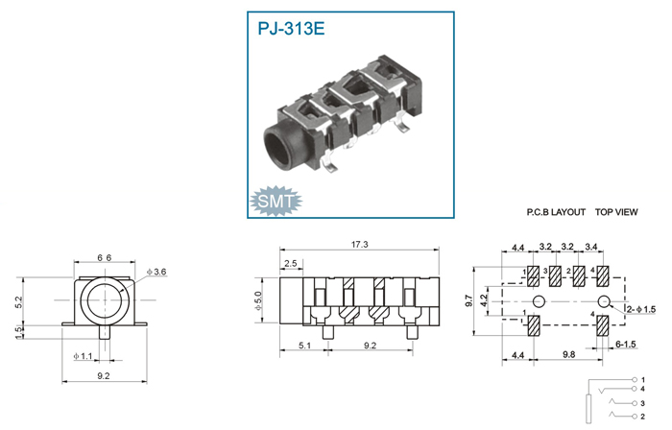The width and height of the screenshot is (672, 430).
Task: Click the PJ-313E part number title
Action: pos(291,28)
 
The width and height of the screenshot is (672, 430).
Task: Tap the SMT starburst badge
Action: pos(276,201)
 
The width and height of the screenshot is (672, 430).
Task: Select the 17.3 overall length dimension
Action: pos(360,245)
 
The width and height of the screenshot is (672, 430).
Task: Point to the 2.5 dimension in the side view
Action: pos(291,263)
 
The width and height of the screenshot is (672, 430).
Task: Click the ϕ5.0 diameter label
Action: pos(257,300)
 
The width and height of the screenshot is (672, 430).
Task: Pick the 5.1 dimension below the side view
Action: pos(304,346)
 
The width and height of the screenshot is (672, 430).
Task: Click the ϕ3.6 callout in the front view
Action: pos(156,272)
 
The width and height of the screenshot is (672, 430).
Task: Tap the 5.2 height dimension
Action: pos(18,302)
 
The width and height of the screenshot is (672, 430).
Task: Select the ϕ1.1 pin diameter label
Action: pos(83,356)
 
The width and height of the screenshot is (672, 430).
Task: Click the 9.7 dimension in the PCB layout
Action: pos(468,300)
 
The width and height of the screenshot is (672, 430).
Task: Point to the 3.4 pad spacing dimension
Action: pos(591,247)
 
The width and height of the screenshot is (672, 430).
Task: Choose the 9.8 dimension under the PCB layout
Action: pos(568,354)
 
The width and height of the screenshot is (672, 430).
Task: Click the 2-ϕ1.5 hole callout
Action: pos(641,309)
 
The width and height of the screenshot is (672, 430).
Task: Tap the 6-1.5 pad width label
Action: pos(626,344)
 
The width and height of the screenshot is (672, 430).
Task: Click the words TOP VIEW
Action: pos(616,212)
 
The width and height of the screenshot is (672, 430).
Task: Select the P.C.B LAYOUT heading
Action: pos(556,212)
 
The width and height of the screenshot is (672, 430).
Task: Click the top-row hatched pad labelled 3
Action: pos(555,276)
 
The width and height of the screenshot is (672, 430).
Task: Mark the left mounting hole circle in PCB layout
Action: pos(540,301)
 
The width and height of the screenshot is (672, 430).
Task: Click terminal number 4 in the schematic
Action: pos(642,389)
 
